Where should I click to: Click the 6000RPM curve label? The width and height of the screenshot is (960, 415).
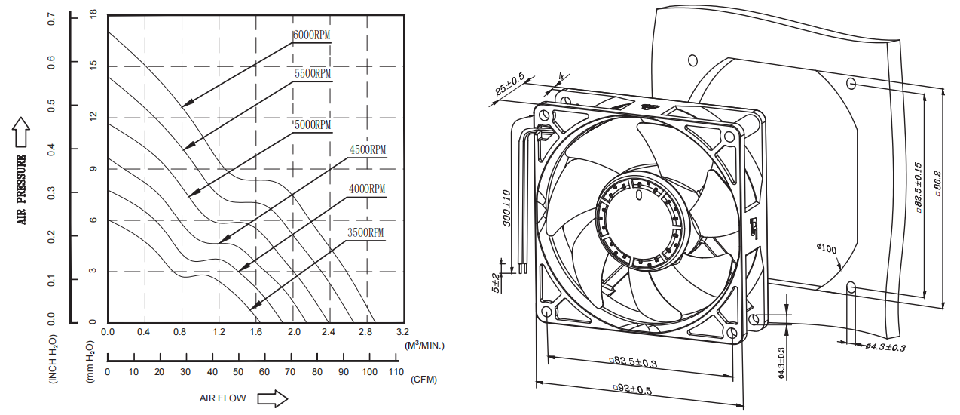(312, 35)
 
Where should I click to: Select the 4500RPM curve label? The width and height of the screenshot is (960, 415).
(368, 150)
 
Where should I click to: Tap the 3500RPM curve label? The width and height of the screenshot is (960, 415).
(365, 232)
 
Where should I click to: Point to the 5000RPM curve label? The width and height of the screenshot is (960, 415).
(312, 124)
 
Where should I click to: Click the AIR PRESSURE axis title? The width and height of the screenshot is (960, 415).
(22, 189)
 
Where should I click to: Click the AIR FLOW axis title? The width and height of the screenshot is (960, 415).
(224, 398)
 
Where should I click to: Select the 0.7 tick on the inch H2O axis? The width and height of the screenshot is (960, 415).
(52, 19)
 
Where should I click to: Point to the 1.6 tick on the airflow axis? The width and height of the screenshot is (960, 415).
(256, 332)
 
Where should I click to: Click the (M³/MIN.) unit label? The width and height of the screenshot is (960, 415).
(425, 346)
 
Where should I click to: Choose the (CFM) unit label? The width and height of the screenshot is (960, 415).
(423, 380)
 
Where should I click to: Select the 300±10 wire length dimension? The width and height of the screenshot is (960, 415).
(507, 207)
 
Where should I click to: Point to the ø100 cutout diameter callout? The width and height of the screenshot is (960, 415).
(827, 247)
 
